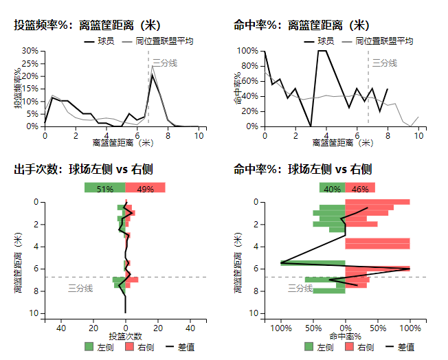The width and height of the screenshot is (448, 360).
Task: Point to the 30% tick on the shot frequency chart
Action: click(x=29, y=51)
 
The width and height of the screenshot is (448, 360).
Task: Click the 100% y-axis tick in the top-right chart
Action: click(x=247, y=51)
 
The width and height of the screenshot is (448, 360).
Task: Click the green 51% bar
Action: click(x=104, y=188)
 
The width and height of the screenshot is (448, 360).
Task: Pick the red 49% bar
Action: click(x=146, y=188)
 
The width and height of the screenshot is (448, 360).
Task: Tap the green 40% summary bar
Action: click(x=332, y=188)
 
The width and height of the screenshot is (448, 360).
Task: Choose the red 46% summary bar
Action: click(x=360, y=188)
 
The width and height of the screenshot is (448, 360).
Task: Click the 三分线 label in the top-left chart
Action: click(x=164, y=63)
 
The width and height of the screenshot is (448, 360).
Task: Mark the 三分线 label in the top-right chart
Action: click(x=385, y=63)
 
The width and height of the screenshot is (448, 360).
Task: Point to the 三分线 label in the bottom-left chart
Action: click(x=80, y=289)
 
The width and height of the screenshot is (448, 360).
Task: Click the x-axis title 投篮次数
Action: click(x=125, y=337)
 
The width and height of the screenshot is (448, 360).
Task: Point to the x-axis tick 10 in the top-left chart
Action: click(x=199, y=135)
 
